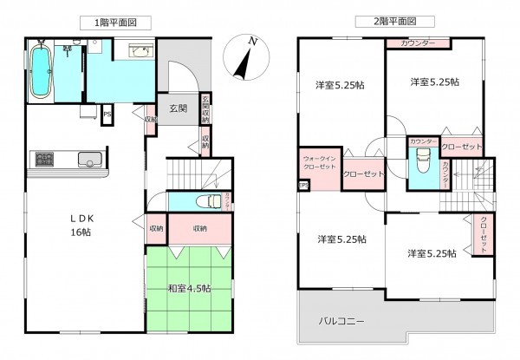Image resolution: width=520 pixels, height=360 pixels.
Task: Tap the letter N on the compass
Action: pyautogui.click(x=251, y=41)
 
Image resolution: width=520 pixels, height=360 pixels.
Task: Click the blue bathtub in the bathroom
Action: pyautogui.click(x=40, y=73)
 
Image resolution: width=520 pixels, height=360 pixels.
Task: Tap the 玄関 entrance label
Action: pyautogui.click(x=179, y=108)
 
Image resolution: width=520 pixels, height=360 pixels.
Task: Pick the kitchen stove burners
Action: pyautogui.click(x=44, y=160)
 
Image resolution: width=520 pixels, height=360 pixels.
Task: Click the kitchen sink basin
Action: pyautogui.click(x=88, y=160)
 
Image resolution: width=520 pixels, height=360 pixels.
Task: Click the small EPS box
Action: pyautogui.click(x=303, y=184)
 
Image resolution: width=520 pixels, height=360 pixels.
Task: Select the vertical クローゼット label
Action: pyautogui.click(x=483, y=233)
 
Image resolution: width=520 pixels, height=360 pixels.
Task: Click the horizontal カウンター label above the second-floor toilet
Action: pyautogui.click(x=422, y=141)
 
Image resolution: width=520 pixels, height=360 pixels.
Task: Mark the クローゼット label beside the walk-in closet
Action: pyautogui.click(x=364, y=173)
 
